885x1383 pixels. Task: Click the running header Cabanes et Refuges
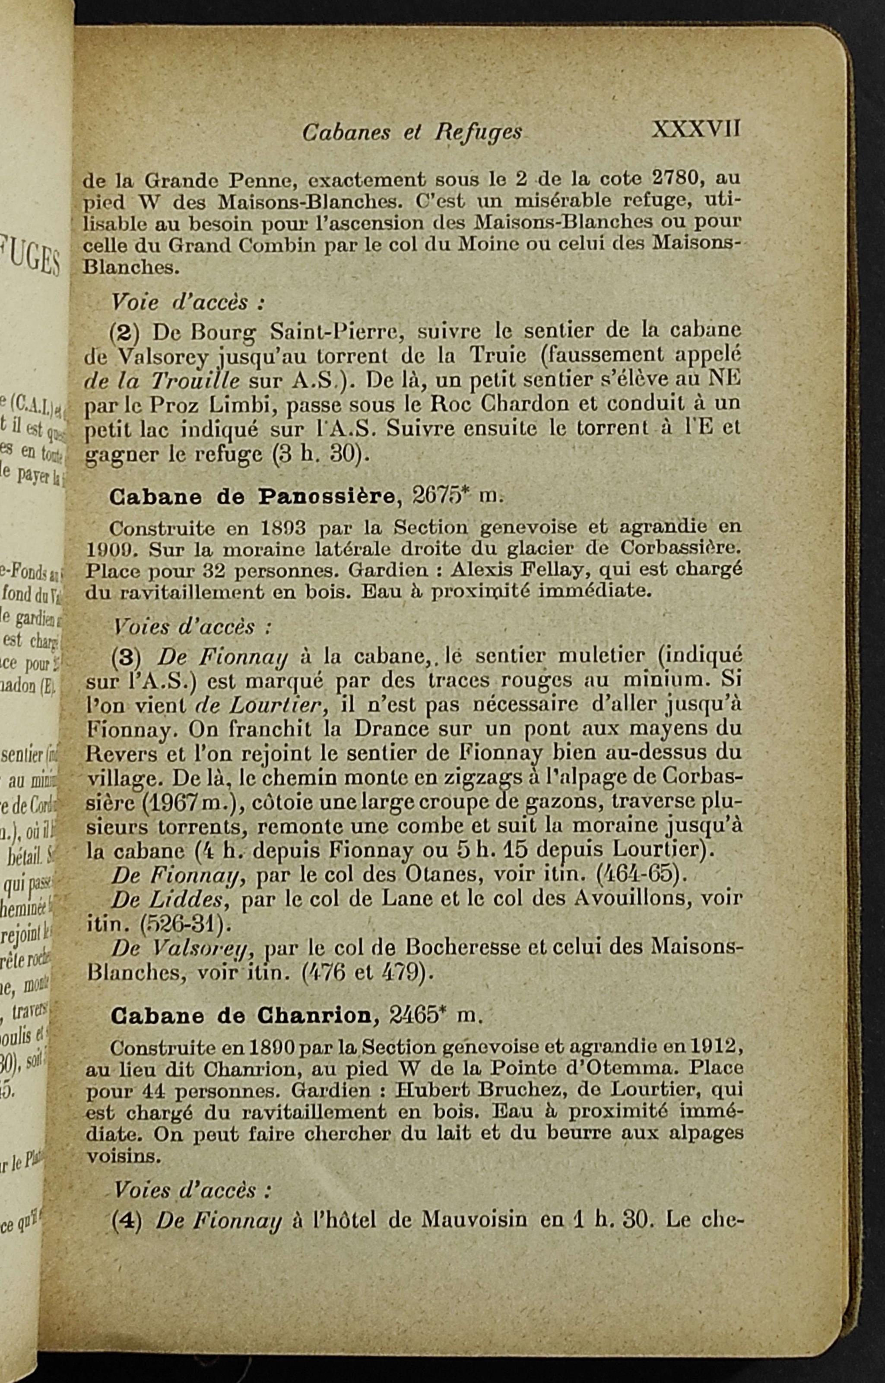412,133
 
